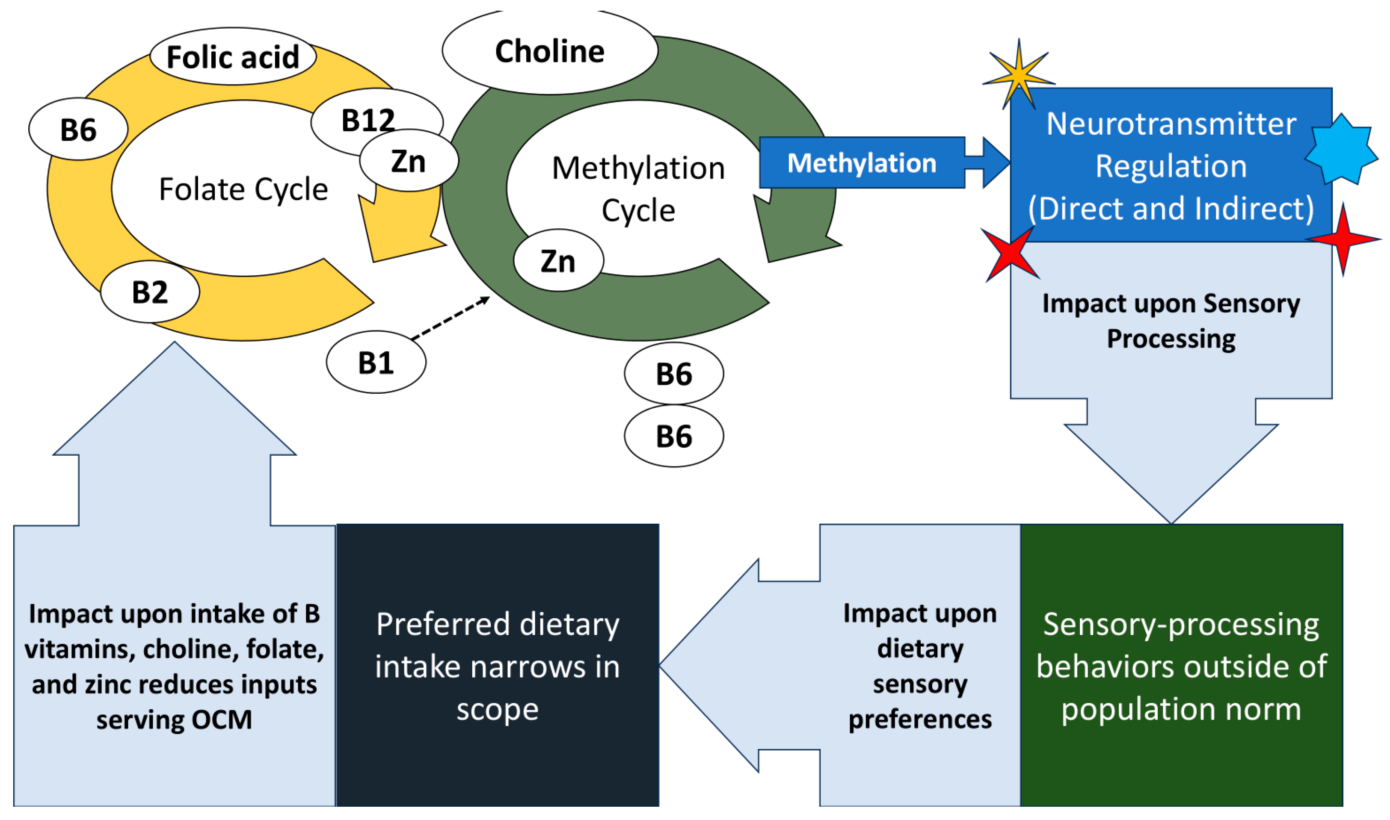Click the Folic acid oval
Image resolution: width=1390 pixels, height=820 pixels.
click(x=233, y=56)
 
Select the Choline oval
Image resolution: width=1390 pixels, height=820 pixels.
click(x=550, y=51)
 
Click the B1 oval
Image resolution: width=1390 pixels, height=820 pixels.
click(x=376, y=363)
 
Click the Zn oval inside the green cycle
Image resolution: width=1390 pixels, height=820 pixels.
click(x=558, y=261)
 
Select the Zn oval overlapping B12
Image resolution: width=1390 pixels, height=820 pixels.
click(x=409, y=161)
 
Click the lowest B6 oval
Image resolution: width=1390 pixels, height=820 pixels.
click(x=673, y=436)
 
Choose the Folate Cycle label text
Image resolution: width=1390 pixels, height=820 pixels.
click(x=243, y=189)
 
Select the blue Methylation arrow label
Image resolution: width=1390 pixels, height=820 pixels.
click(x=862, y=163)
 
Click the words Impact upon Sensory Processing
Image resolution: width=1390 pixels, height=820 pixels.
click(x=1171, y=321)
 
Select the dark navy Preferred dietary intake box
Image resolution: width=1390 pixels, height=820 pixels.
click(x=497, y=665)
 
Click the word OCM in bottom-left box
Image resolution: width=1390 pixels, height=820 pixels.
click(x=221, y=720)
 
